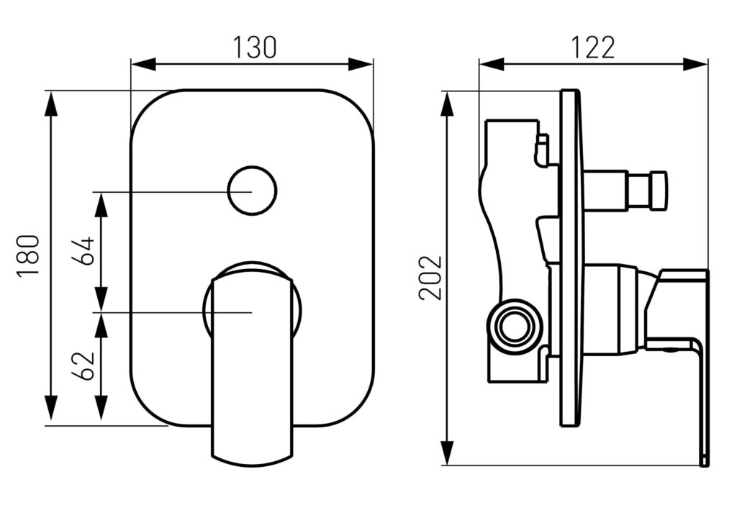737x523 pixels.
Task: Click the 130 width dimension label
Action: click(255, 47)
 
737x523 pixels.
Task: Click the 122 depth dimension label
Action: click(593, 47)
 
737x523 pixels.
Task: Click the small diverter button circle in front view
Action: click(252, 192)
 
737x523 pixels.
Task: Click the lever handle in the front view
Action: click(252, 366)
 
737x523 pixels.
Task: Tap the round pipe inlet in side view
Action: click(514, 326)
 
